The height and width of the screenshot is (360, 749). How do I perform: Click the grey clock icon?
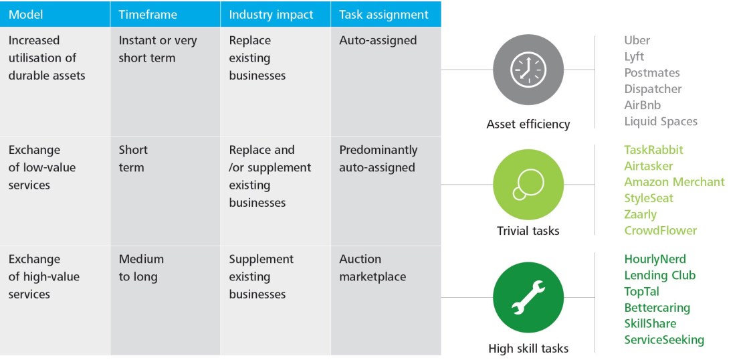(x=528, y=70)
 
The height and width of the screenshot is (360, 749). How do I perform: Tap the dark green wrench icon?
(x=528, y=297)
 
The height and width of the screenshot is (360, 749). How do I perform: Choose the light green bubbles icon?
(x=528, y=185)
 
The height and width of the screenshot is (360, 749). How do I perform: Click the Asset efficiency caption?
(x=528, y=124)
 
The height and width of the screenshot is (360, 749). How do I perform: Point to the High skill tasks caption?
(x=528, y=349)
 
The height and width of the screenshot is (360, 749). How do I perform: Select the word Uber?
(x=637, y=40)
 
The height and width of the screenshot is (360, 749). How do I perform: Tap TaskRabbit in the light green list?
(x=653, y=150)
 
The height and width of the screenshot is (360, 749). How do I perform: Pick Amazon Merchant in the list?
(x=674, y=182)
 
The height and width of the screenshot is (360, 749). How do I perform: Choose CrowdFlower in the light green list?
(x=660, y=230)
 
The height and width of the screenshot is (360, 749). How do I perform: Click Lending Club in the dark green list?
(x=659, y=276)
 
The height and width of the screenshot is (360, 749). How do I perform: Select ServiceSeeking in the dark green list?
(x=664, y=340)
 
